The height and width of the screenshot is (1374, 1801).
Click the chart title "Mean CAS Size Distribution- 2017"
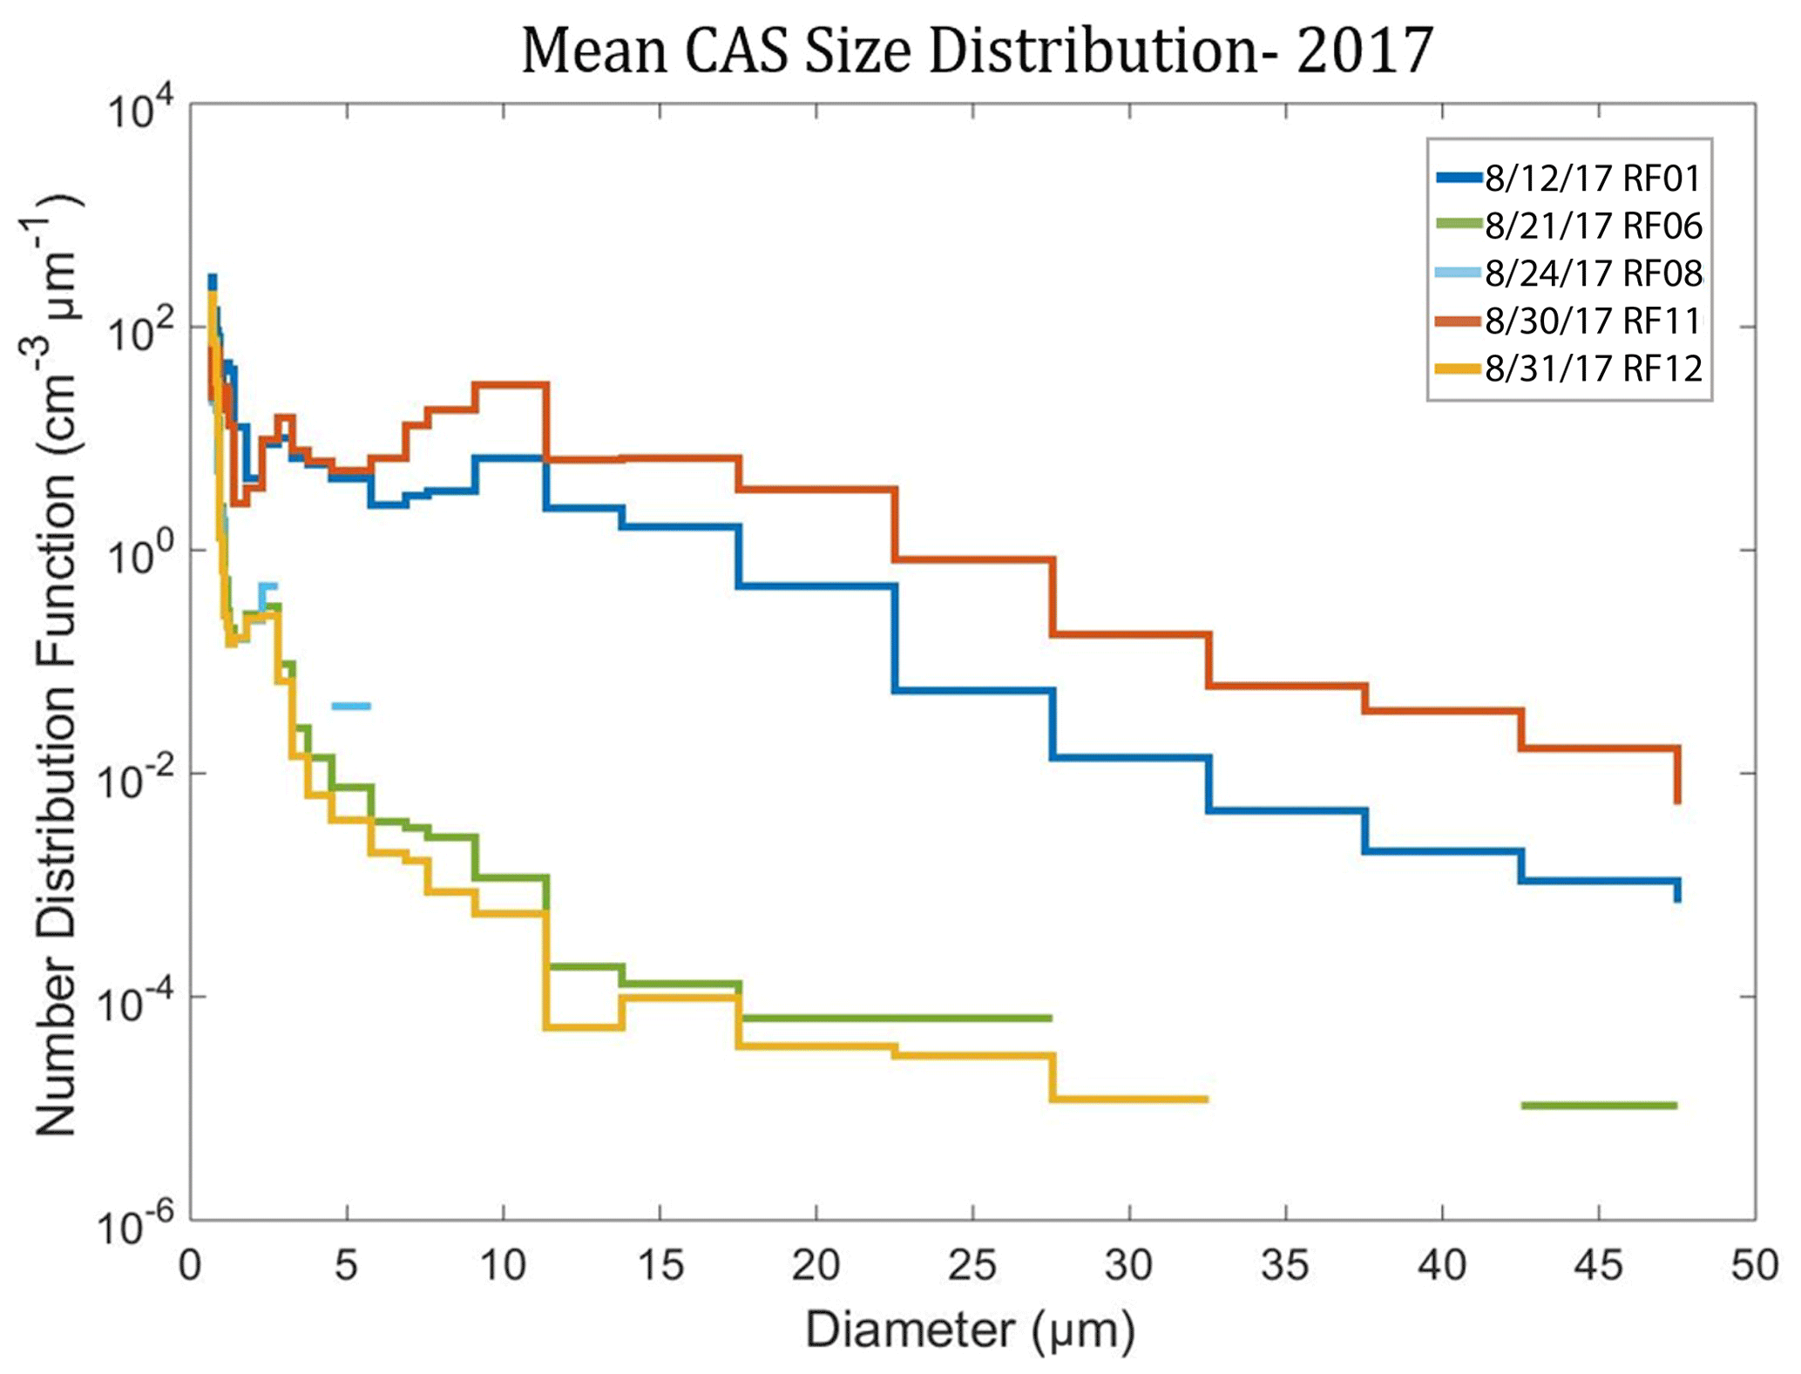pos(977,51)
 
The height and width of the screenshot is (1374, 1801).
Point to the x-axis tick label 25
pos(972,1265)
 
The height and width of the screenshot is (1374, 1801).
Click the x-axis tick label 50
pos(1754,1265)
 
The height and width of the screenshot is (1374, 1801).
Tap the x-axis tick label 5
pos(347,1265)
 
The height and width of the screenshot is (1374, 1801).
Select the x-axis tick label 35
pos(1285,1265)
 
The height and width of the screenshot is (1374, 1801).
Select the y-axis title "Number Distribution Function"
pos(58,662)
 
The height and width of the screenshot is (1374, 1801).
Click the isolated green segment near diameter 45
pos(1599,1106)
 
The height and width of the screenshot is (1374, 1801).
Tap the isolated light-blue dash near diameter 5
pos(351,706)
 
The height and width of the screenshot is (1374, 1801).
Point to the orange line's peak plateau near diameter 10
pos(511,384)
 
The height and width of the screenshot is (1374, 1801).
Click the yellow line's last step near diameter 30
pos(1129,1100)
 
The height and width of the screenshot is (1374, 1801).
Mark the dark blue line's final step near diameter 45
pos(1599,881)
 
